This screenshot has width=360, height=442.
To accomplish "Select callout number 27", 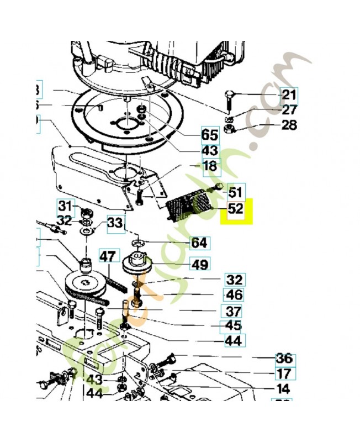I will click(289, 110).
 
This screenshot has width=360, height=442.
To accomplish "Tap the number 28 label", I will click(289, 125).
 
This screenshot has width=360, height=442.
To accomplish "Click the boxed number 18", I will click(210, 166).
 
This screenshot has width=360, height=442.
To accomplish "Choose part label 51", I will click(236, 192).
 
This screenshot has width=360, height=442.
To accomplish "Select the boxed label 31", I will click(66, 207).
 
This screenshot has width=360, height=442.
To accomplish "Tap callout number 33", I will click(115, 223).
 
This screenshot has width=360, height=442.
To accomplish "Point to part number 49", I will click(200, 265).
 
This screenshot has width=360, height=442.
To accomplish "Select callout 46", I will click(234, 295).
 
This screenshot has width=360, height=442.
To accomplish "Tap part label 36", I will click(284, 359).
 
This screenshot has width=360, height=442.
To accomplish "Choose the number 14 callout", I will click(283, 389).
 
